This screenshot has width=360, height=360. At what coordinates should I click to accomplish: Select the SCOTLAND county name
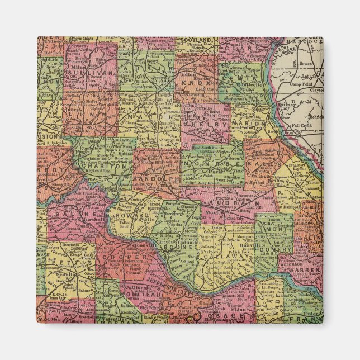(196, 41)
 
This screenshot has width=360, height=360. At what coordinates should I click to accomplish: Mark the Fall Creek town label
(308, 127)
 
